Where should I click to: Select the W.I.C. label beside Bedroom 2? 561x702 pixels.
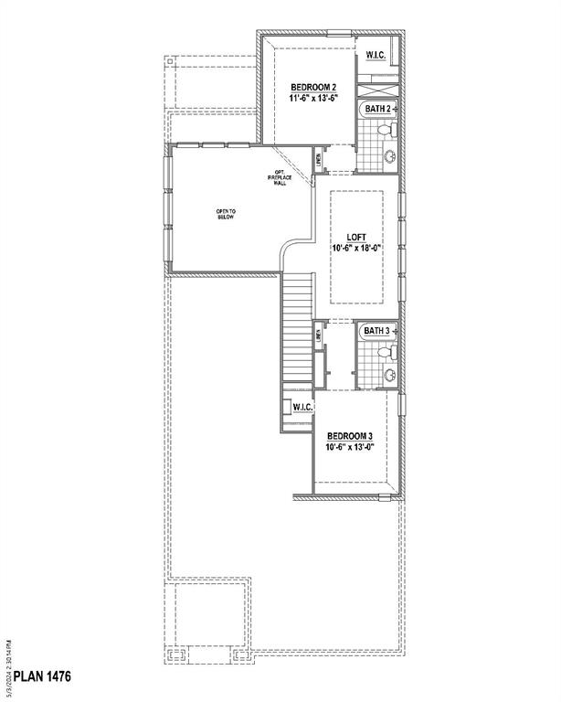(376, 56)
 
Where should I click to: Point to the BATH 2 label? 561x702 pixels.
(379, 109)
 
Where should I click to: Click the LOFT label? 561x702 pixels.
(355, 235)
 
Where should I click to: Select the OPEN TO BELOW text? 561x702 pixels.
(226, 215)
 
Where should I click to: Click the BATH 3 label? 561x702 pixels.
(377, 330)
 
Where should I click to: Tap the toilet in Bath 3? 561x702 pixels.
(387, 351)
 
